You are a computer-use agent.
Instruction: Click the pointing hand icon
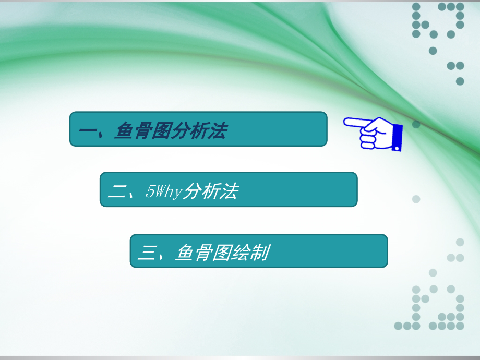[373, 133]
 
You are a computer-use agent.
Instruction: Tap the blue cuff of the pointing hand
[397, 137]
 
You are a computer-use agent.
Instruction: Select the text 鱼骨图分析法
[171, 130]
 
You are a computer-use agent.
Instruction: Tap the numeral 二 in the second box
[117, 192]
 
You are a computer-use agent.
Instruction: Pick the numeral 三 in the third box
[147, 253]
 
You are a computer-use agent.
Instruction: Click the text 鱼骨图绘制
[222, 253]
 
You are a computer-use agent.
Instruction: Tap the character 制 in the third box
[259, 253]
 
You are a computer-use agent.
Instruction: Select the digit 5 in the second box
[149, 192]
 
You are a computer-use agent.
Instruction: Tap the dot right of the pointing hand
[416, 124]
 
